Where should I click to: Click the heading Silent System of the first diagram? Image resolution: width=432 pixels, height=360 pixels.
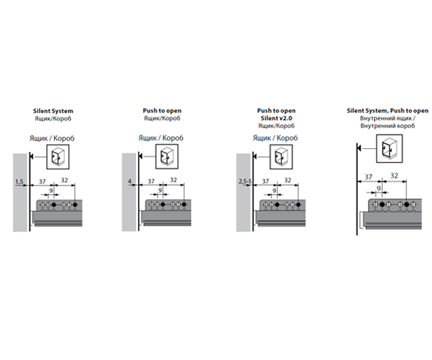[55, 111]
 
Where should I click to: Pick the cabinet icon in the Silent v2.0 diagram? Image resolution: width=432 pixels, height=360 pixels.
[278, 155]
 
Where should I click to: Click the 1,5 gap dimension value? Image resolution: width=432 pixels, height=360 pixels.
[19, 182]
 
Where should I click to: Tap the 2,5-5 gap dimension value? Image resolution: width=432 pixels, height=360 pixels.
[245, 182]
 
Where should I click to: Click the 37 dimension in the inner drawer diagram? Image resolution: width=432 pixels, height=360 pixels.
[369, 176]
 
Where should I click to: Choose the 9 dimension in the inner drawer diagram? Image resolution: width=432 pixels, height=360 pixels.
[379, 189]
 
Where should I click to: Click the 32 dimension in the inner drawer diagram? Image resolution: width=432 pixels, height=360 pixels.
[395, 176]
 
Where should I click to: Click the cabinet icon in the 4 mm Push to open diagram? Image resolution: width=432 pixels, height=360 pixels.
[167, 155]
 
